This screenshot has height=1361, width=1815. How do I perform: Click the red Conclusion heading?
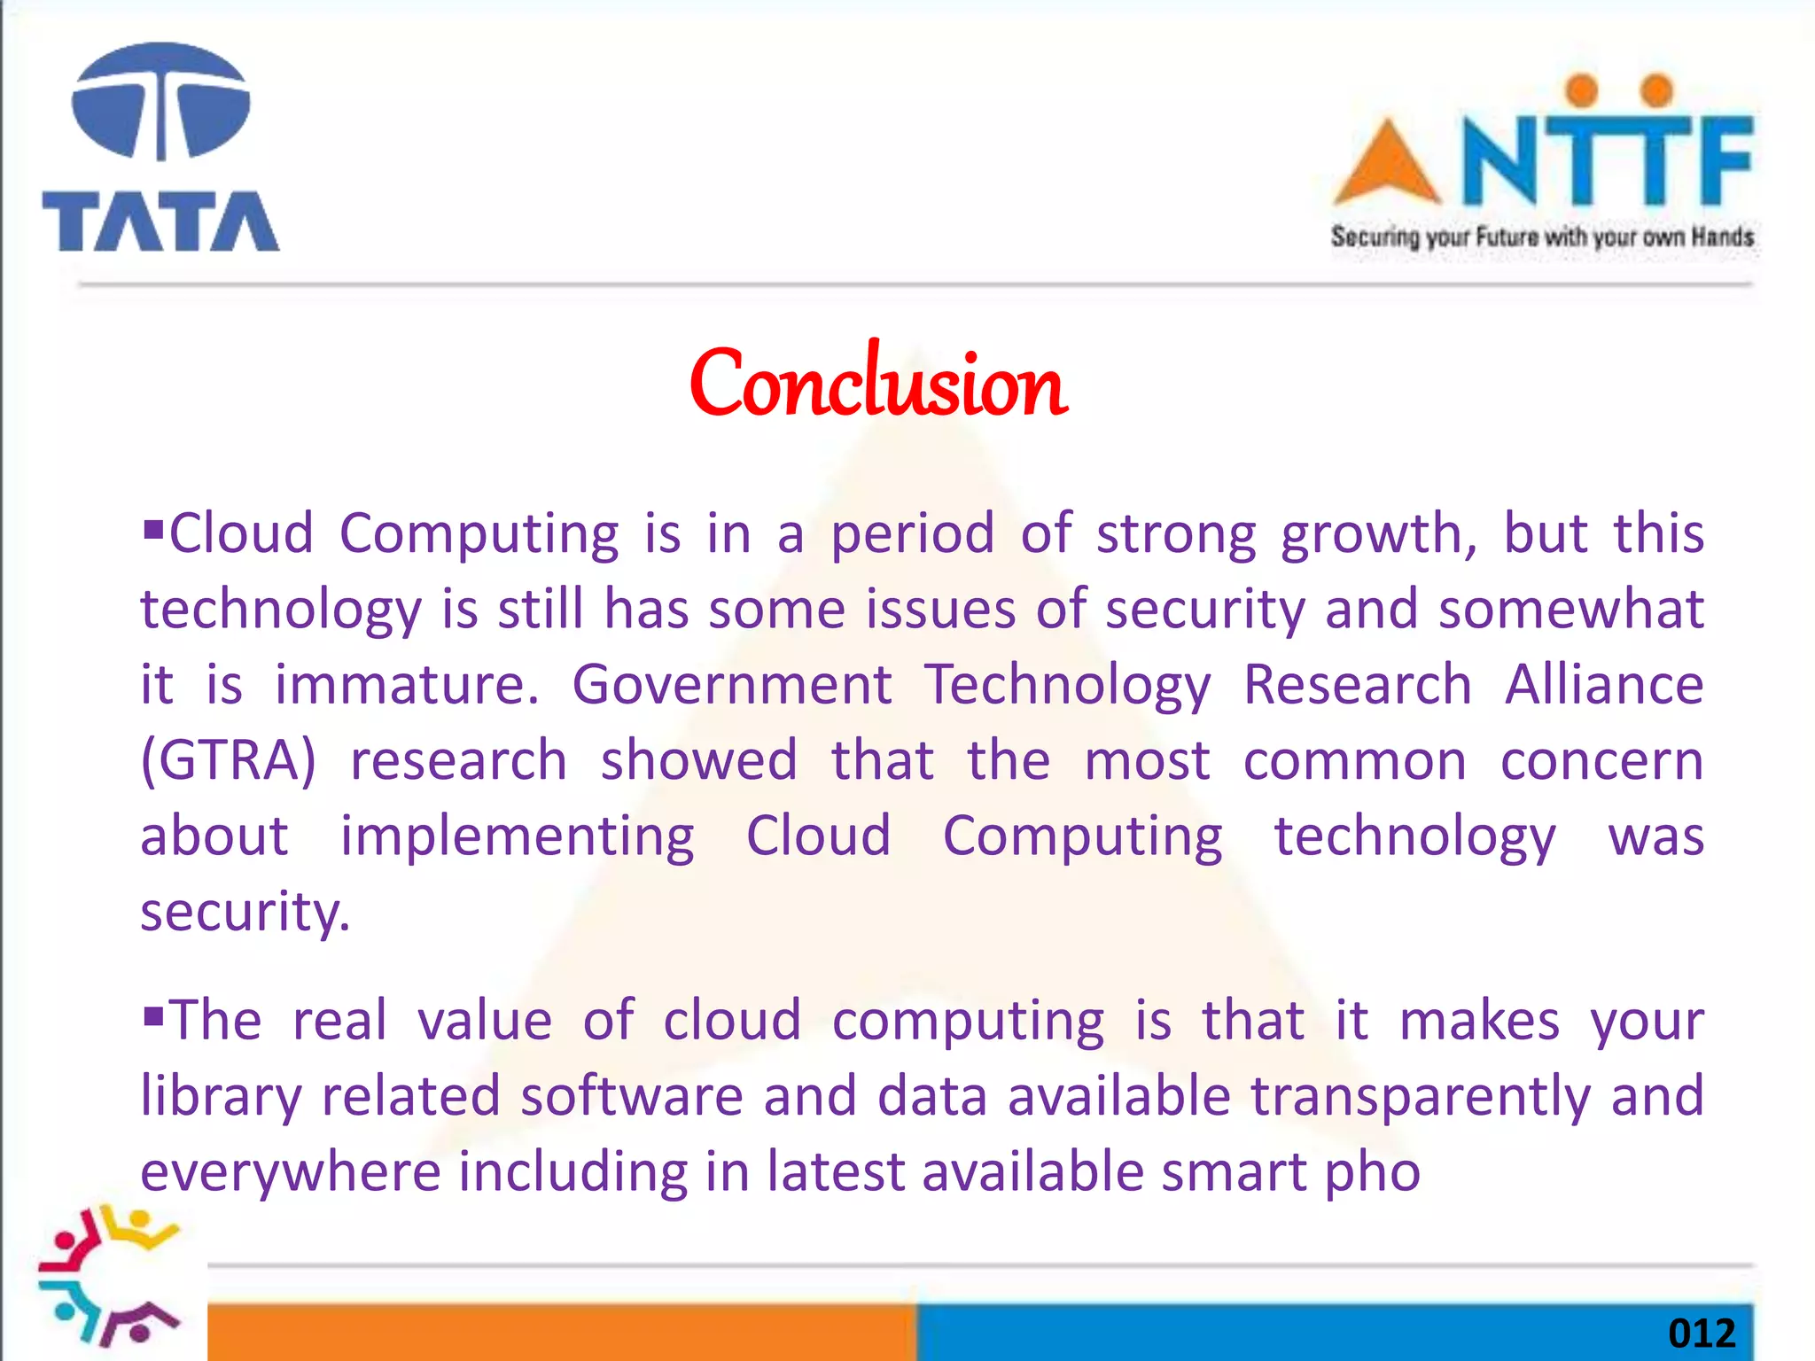point(878,384)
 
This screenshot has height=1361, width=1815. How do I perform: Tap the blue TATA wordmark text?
point(160,222)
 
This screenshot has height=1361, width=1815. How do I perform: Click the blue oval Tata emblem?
point(160,102)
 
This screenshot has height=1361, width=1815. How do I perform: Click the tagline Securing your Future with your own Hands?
point(1542,237)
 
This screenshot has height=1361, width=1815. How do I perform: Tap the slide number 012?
point(1701,1334)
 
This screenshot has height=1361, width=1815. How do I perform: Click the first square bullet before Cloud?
point(153,531)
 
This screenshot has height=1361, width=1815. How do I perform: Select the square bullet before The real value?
point(153,1015)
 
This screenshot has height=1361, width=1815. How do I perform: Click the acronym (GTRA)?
point(229,760)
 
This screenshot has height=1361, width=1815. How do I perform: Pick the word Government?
point(732,685)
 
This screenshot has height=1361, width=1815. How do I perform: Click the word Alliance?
point(1604,685)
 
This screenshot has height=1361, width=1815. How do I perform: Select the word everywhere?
point(291,1172)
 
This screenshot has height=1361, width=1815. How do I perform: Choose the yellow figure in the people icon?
point(142,1227)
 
